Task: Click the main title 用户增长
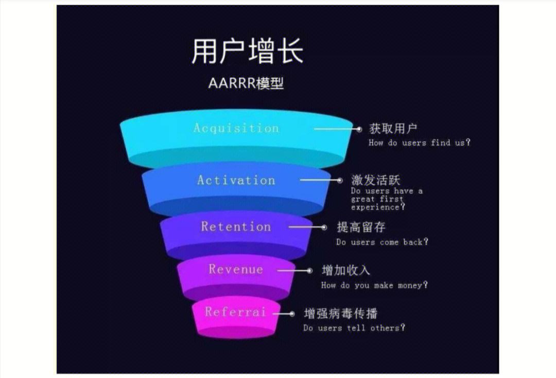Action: (x=247, y=52)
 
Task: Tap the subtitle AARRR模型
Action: (x=246, y=83)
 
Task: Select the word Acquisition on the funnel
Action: (x=236, y=128)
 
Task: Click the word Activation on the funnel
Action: (x=236, y=180)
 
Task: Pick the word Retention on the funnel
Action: (x=236, y=227)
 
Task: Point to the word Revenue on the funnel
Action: (x=236, y=269)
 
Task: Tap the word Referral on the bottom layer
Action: (x=235, y=312)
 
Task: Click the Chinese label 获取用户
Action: (x=393, y=129)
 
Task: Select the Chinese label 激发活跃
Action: (x=376, y=180)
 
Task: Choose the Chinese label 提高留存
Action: (x=361, y=227)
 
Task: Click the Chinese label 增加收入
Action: (x=346, y=270)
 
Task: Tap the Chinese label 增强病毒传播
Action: (x=341, y=313)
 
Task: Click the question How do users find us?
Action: (x=419, y=143)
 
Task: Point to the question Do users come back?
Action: (x=382, y=242)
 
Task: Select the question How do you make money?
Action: (x=374, y=285)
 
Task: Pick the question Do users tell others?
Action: (x=354, y=328)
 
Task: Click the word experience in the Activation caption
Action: (x=375, y=207)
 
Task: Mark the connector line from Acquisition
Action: (x=335, y=129)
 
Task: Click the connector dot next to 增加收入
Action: (x=309, y=270)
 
